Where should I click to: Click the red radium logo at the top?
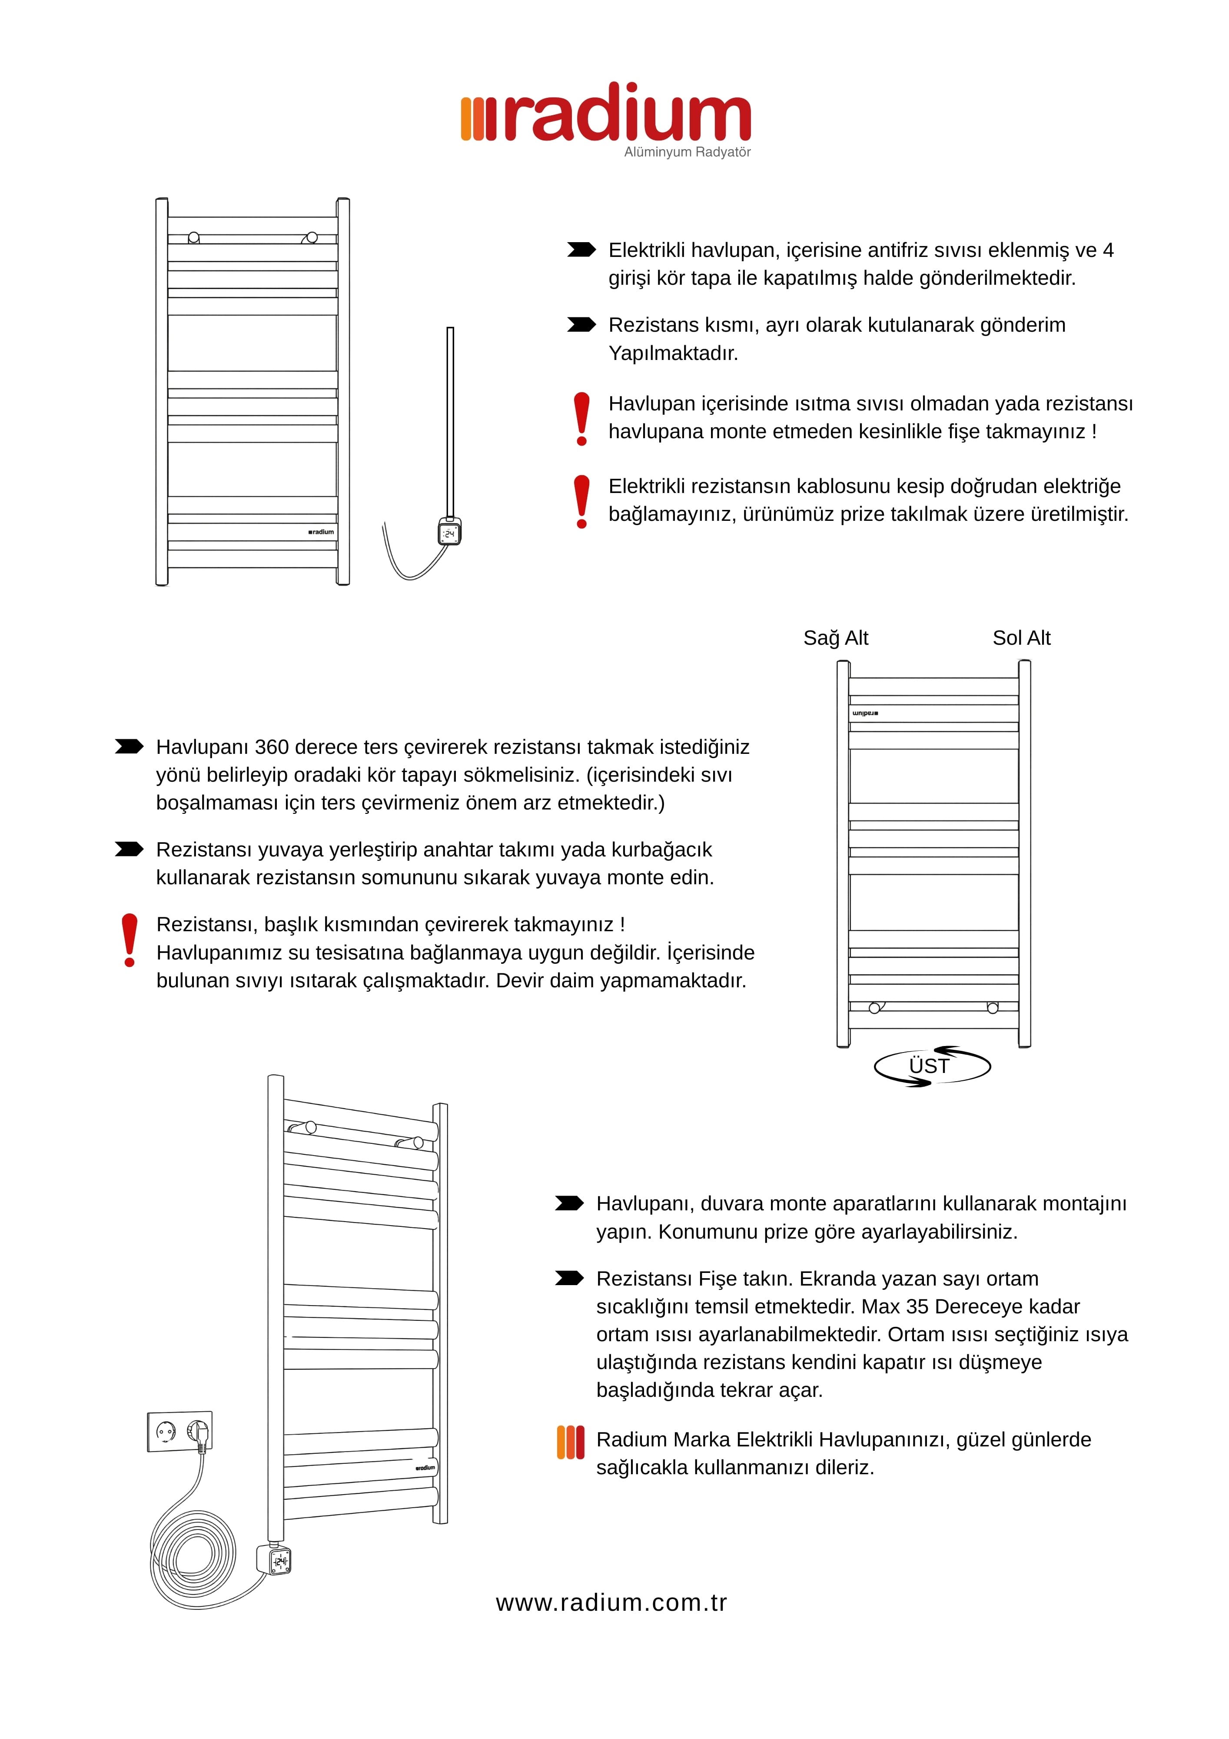[606, 113]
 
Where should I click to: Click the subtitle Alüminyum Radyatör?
[687, 152]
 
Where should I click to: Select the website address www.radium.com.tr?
[611, 1602]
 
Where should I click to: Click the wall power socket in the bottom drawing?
[179, 1432]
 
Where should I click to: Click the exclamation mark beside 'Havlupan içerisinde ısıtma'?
[581, 418]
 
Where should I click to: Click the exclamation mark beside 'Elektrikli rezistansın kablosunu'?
[581, 501]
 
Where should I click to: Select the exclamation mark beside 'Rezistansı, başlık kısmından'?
[130, 939]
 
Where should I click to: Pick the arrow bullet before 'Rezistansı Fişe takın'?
[569, 1279]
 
